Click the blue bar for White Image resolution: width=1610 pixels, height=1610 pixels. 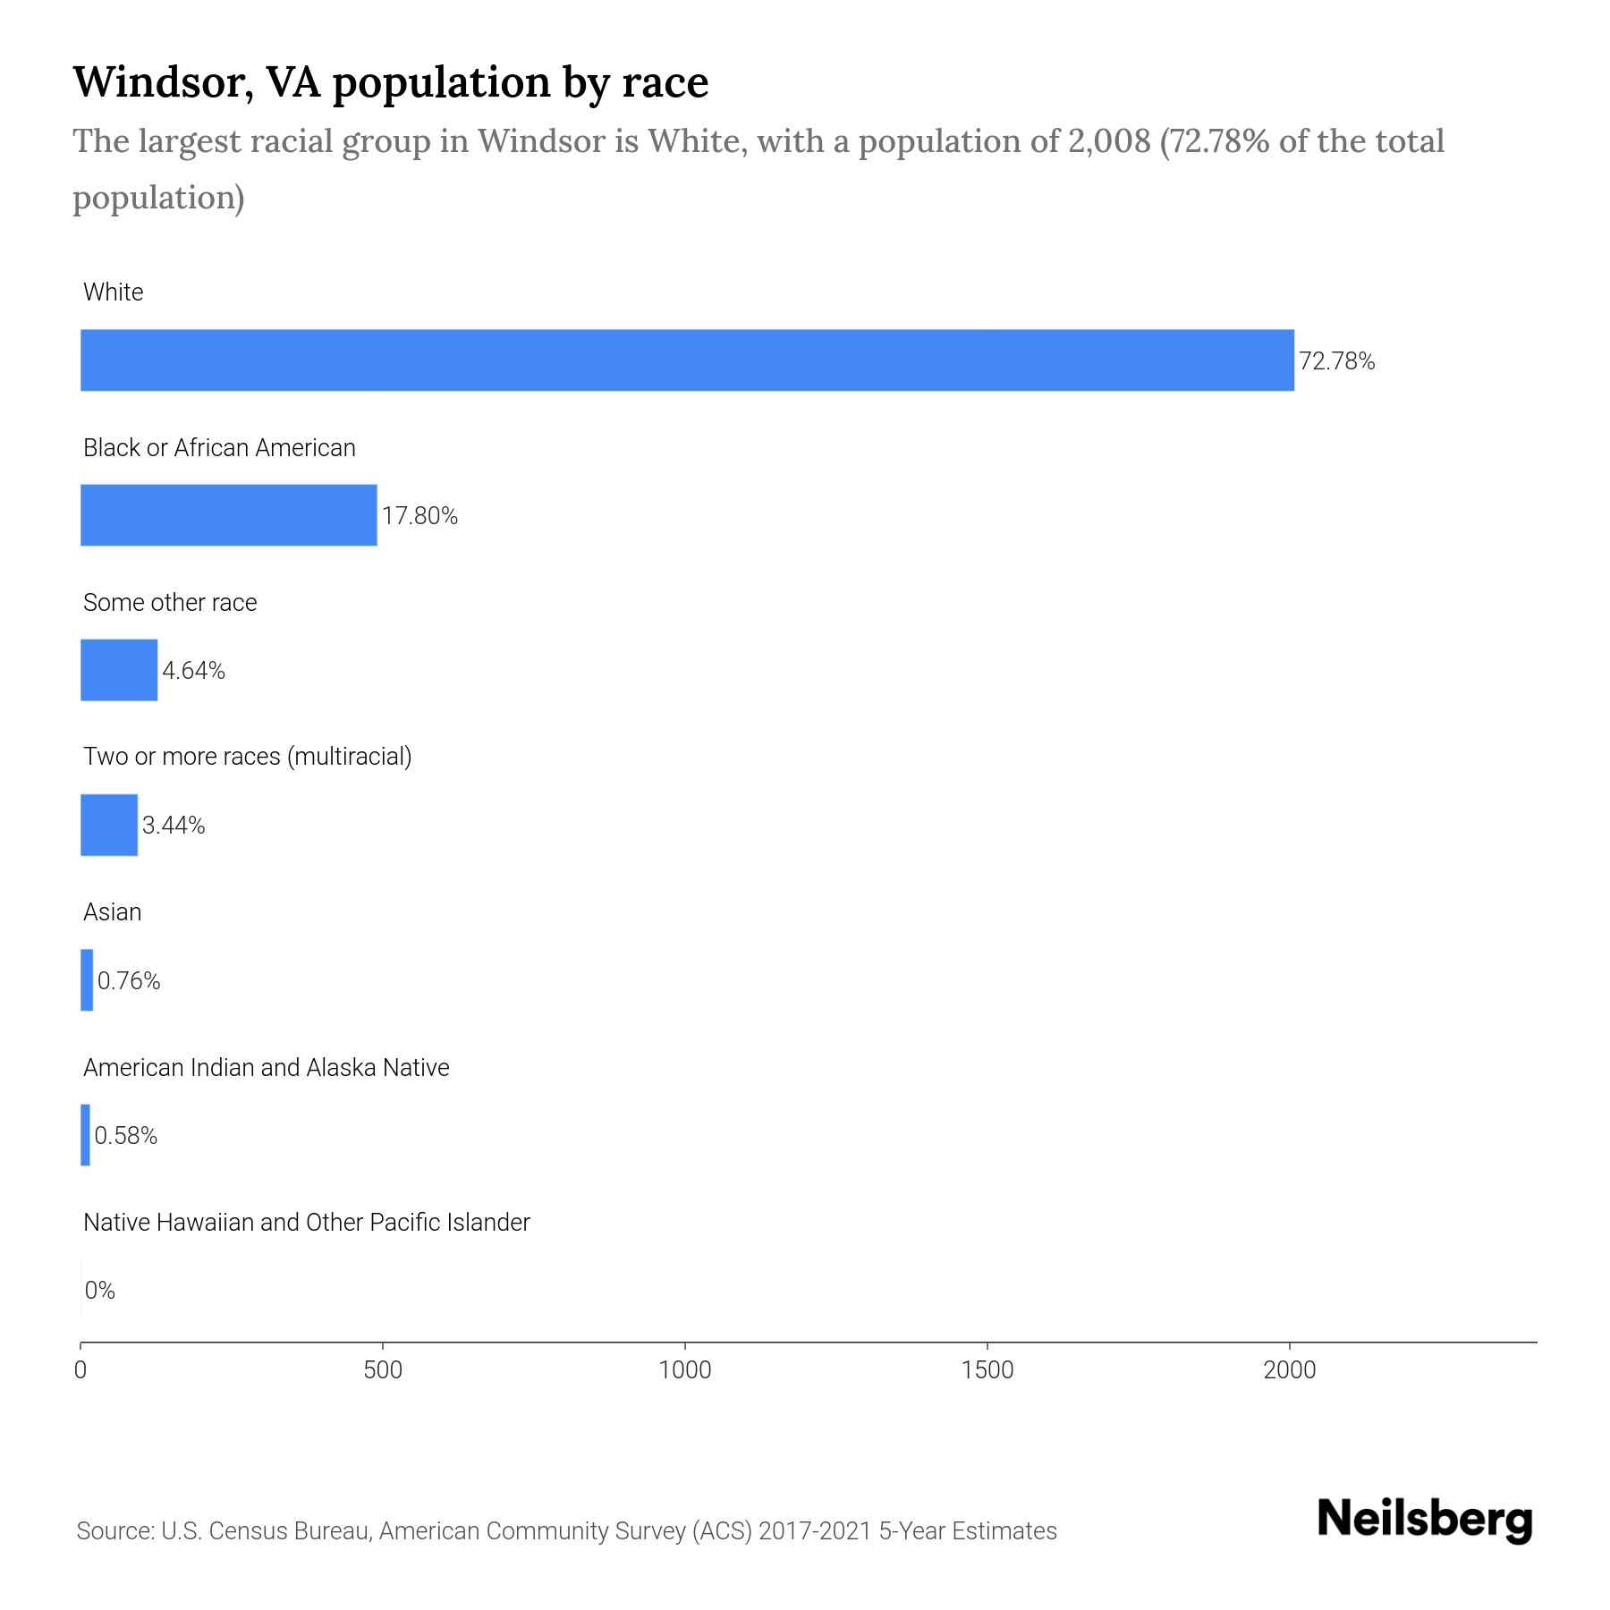point(687,360)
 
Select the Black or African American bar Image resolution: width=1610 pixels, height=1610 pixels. point(228,515)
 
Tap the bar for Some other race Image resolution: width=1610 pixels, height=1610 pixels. point(119,670)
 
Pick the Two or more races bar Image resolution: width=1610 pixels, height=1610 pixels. point(109,825)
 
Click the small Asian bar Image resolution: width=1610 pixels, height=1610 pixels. point(87,980)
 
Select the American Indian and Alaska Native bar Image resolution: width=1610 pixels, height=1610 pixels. point(85,1135)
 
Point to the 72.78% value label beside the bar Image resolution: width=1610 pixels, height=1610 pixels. point(1336,361)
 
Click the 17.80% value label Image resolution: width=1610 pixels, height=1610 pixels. point(419,516)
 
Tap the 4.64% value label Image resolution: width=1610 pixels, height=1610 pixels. point(193,671)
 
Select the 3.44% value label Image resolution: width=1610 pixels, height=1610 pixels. point(174,826)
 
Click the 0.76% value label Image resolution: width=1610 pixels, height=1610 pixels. point(129,981)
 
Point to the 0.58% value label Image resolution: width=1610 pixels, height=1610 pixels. point(125,1136)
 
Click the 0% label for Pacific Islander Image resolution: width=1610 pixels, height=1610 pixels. point(99,1290)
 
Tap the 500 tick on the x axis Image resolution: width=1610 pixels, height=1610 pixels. point(383,1369)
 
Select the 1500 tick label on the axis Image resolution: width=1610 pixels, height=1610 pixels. point(987,1369)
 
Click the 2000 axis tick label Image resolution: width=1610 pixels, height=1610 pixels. point(1290,1369)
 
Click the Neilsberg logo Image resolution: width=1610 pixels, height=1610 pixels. point(1425,1519)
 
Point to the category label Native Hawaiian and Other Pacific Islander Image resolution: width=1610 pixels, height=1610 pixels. point(306,1222)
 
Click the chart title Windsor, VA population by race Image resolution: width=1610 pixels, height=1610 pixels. point(390,81)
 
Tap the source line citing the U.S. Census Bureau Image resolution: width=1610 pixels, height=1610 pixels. point(566,1530)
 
